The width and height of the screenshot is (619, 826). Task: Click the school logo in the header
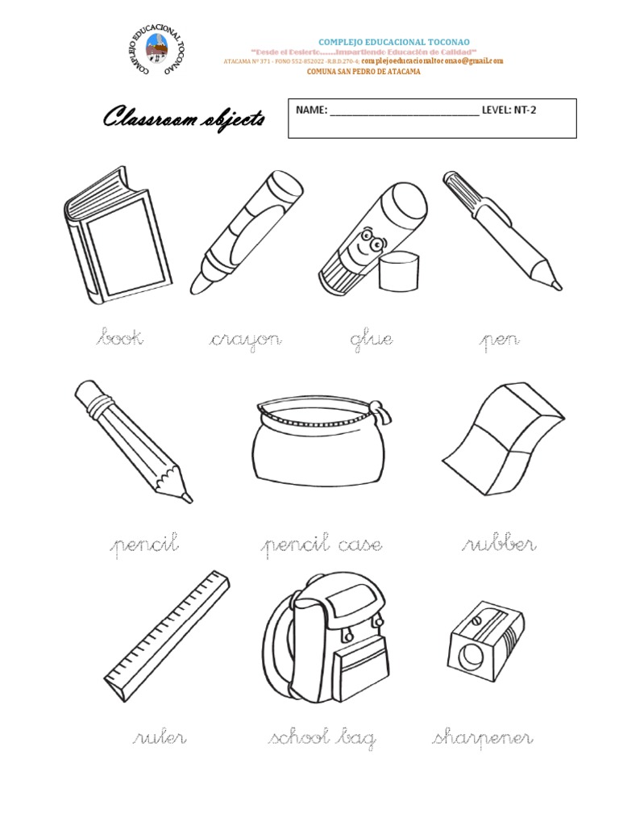[x=159, y=52]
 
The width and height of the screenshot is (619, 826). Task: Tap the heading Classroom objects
[x=184, y=120]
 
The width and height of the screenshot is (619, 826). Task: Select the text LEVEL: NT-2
[x=508, y=111]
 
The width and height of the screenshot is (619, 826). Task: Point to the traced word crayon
[x=244, y=340]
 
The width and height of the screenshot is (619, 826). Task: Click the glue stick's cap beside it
[x=400, y=272]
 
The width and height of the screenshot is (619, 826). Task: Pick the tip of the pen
[x=555, y=285]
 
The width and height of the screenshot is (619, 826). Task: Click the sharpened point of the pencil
[x=186, y=497]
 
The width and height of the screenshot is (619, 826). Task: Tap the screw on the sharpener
[x=480, y=622]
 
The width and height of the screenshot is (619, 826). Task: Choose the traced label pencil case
[x=321, y=546]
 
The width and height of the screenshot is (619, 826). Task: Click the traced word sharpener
[x=482, y=738]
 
